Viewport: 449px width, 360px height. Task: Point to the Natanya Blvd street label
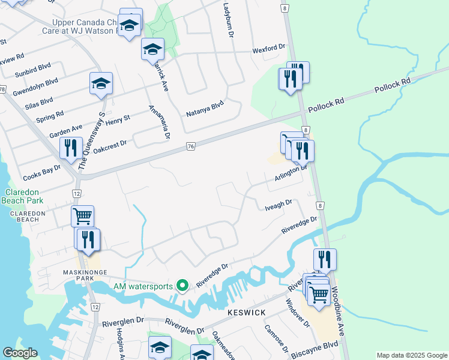click(205, 109)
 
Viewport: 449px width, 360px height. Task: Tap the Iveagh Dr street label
click(278, 205)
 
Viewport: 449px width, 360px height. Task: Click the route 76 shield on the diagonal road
click(191, 146)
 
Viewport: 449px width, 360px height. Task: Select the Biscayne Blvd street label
click(315, 349)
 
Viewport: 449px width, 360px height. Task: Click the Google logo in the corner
click(20, 353)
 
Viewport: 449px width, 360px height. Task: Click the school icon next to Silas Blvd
click(101, 83)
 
